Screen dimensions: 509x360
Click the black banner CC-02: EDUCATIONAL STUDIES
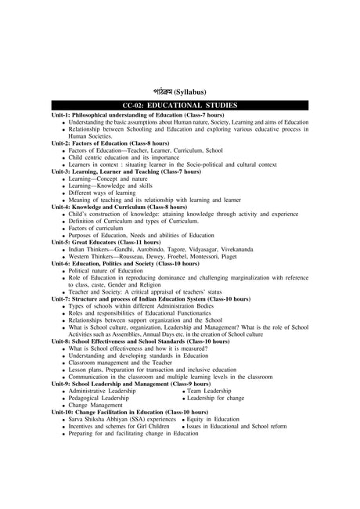[180, 105]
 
